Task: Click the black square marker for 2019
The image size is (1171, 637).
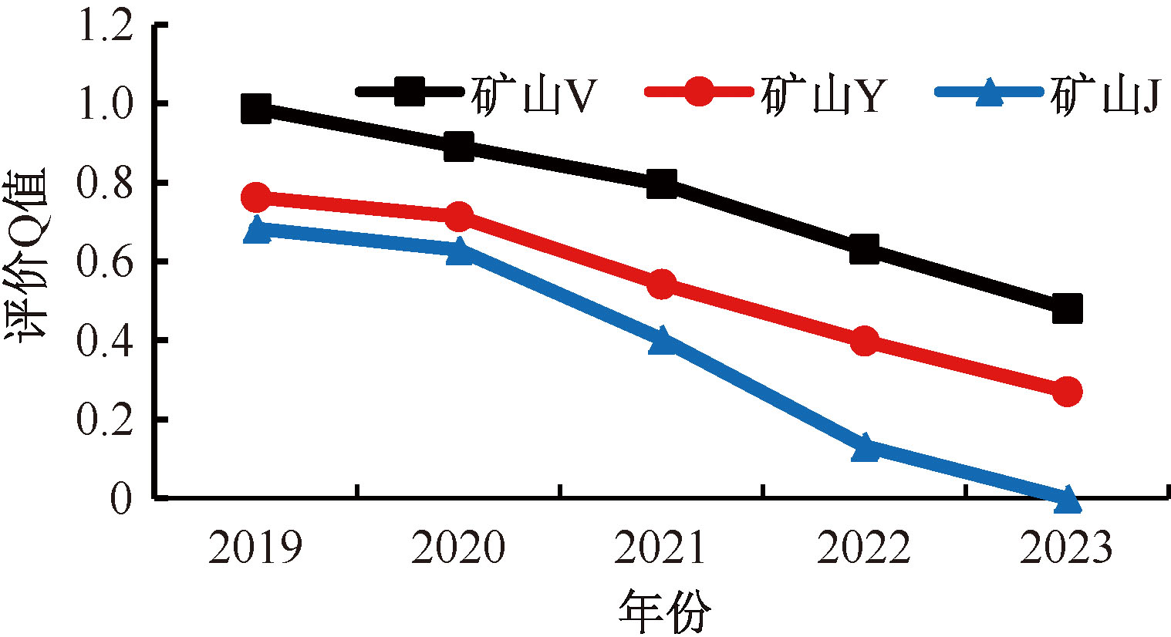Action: (x=256, y=108)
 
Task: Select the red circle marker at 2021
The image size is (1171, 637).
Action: (x=662, y=284)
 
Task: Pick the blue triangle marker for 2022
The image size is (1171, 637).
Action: (x=865, y=447)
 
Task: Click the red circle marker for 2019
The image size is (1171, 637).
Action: (x=256, y=197)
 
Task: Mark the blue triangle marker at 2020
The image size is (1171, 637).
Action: (x=459, y=251)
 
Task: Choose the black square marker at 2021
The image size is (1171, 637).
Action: (x=662, y=184)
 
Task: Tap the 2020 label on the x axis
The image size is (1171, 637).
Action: (x=458, y=548)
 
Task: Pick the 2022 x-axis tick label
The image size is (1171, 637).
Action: (x=864, y=548)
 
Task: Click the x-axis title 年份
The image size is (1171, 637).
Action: (x=663, y=612)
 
